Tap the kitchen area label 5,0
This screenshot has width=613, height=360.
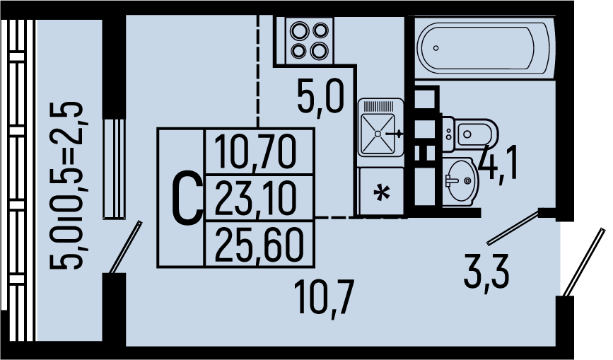[x=320, y=98]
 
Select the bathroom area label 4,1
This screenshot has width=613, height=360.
[x=498, y=163]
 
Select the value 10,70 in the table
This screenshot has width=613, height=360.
[x=257, y=151]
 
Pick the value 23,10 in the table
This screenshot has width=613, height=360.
[x=257, y=199]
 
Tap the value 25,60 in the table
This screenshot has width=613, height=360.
[x=257, y=245]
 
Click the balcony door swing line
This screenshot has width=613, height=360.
[x=125, y=246]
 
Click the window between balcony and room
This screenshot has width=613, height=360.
[x=113, y=168]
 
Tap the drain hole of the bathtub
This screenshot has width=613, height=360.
[x=436, y=48]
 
